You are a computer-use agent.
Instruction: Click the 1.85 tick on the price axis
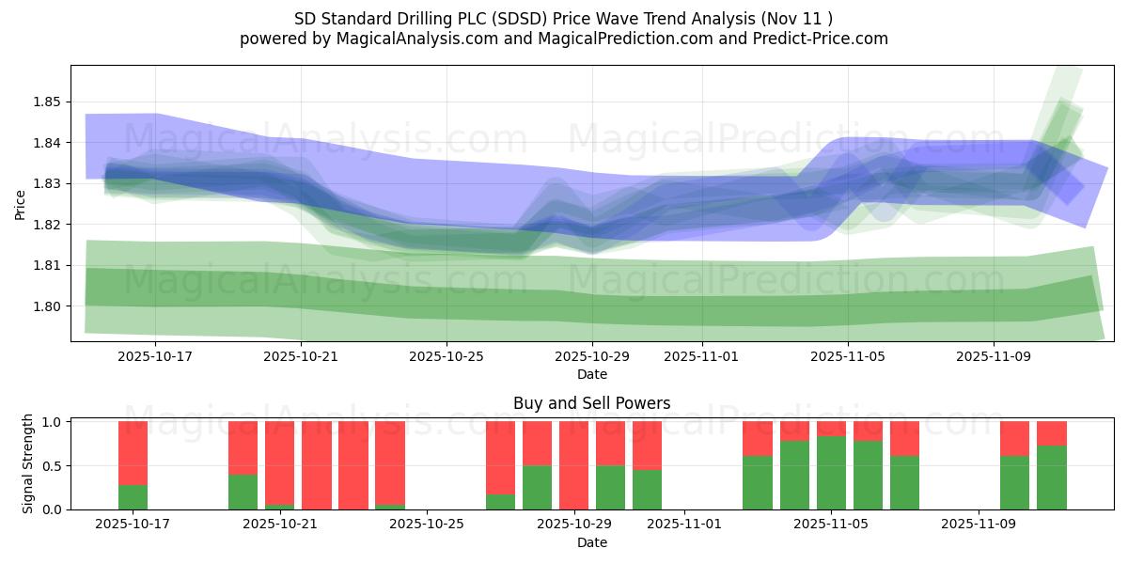[47, 102]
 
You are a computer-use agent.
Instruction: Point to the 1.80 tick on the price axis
[47, 306]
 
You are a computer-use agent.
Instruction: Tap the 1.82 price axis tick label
[47, 225]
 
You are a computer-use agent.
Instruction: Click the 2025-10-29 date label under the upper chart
[592, 357]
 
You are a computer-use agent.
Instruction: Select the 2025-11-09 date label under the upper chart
[994, 357]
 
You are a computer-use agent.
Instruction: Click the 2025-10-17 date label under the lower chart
[133, 525]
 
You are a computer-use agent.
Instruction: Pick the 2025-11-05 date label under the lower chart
[832, 525]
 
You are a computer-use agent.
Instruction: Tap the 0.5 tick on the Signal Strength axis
[53, 465]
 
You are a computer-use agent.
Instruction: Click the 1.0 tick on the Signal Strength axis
[53, 422]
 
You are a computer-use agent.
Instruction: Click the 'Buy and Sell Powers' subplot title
[592, 403]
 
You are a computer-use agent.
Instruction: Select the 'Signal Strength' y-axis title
[28, 463]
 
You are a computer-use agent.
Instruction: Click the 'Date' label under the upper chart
[592, 374]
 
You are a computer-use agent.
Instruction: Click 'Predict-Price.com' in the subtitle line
[822, 39]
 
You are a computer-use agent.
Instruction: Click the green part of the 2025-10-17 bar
[133, 497]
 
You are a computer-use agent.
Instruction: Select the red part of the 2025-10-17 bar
[133, 452]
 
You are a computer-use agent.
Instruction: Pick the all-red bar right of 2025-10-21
[317, 465]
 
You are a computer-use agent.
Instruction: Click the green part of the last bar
[1052, 478]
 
